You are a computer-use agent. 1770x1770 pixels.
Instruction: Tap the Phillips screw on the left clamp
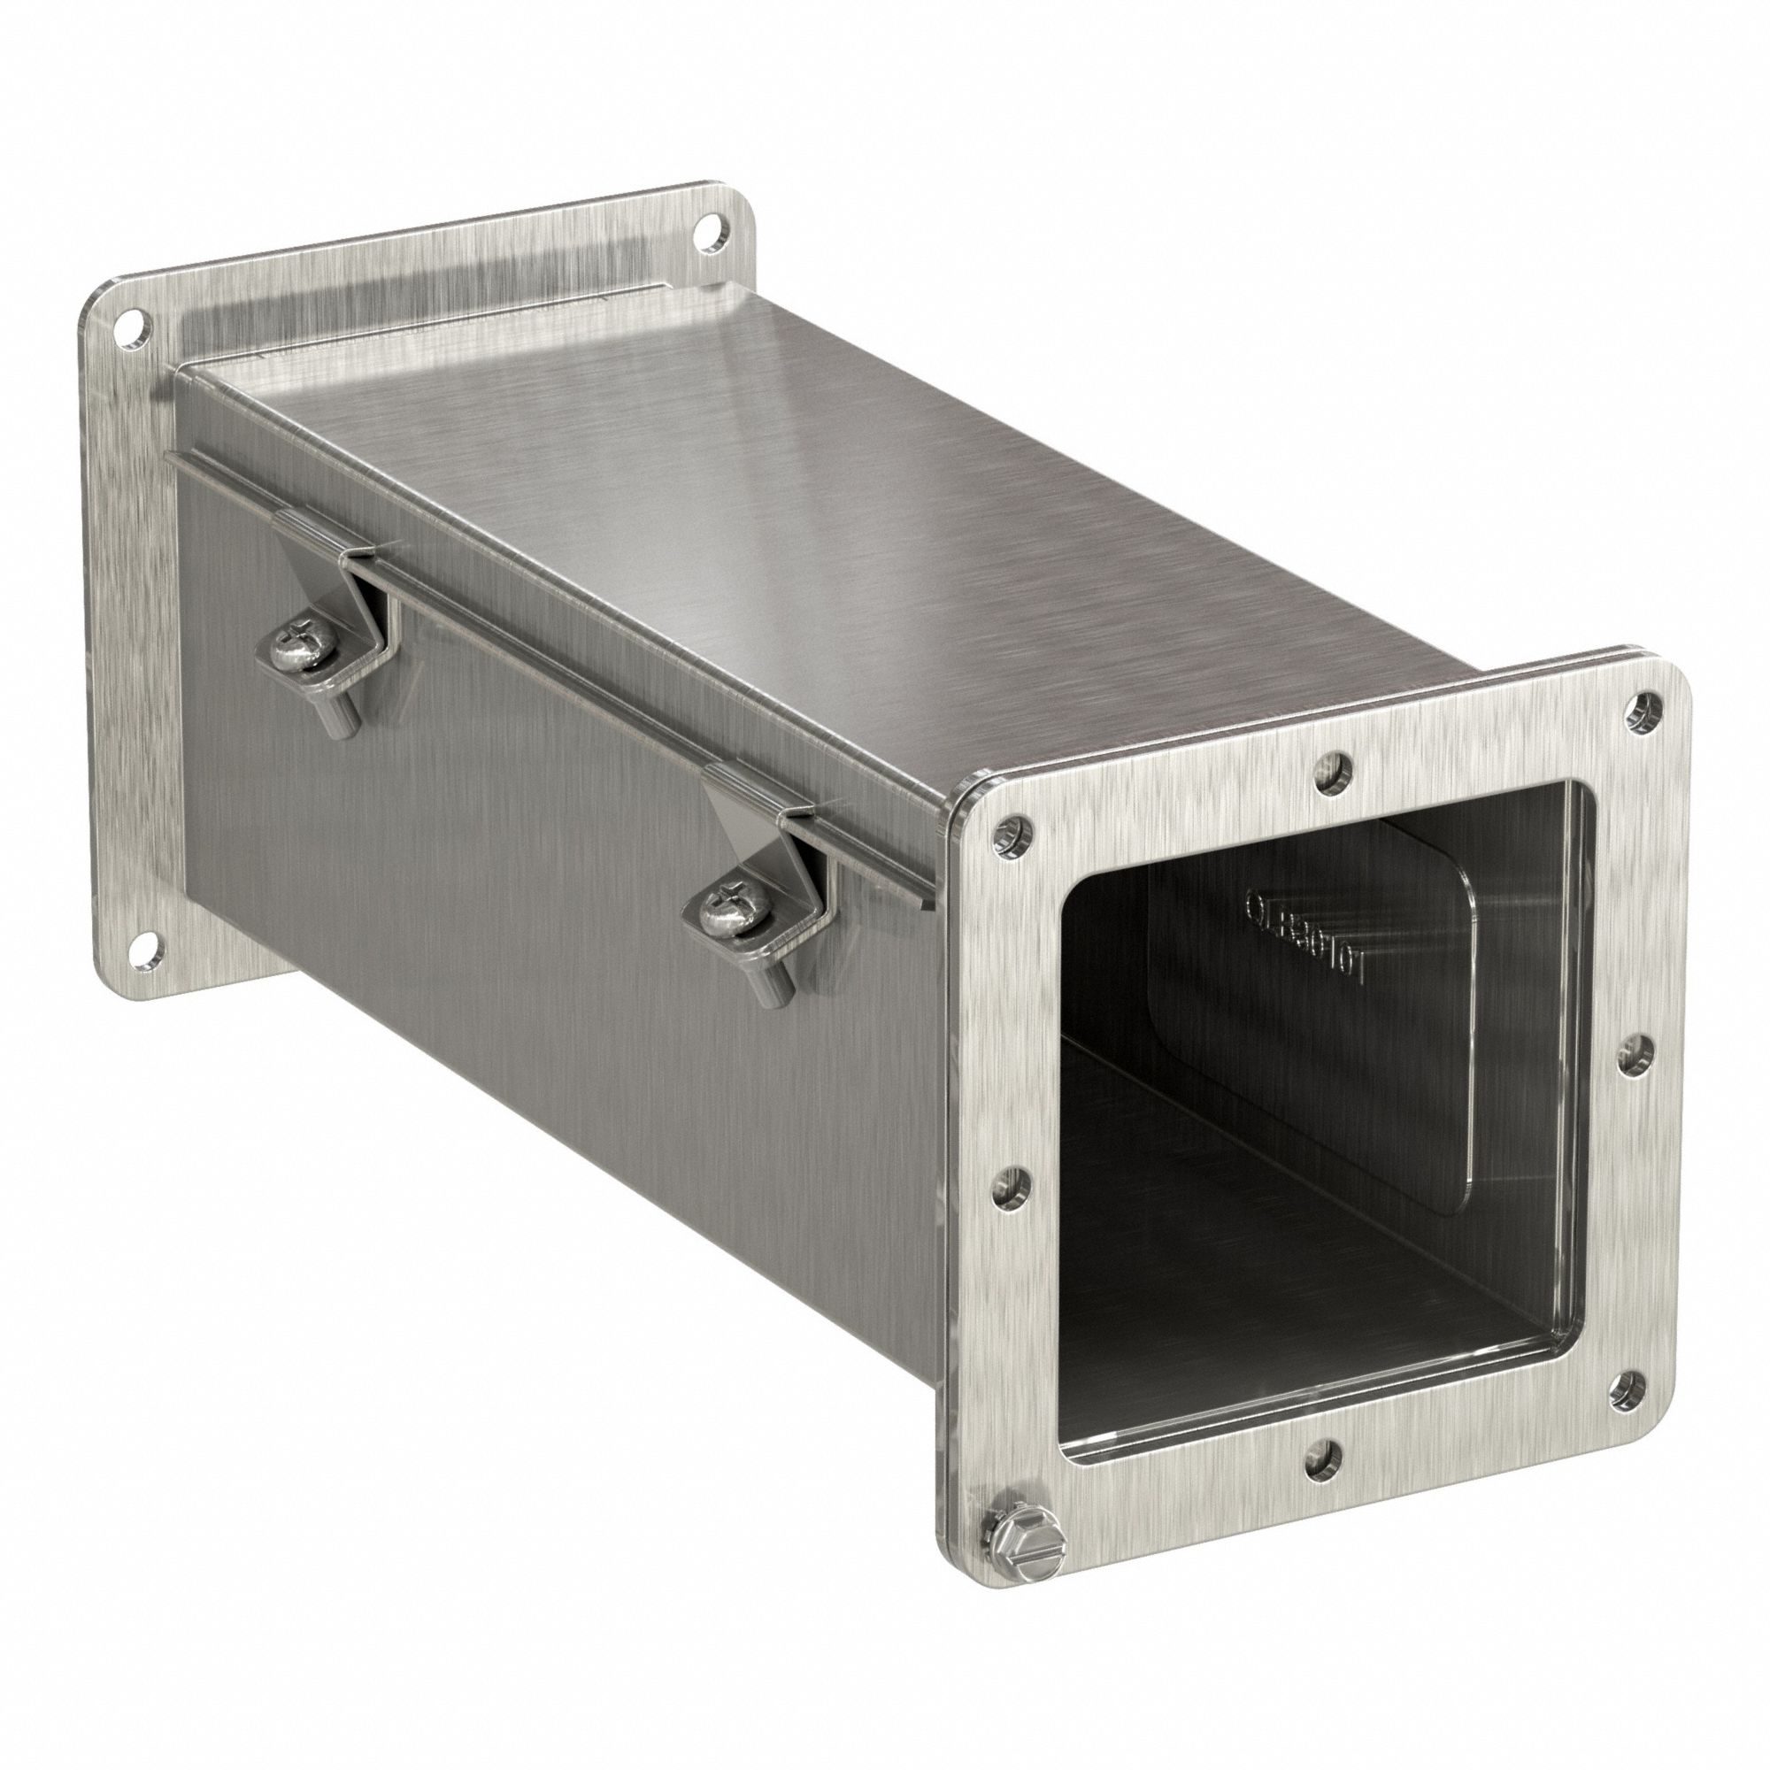point(295,657)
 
